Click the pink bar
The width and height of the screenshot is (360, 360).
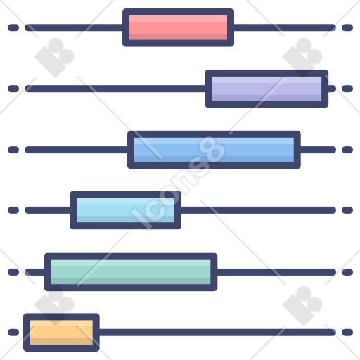pos(178,27)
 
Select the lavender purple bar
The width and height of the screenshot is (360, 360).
pos(266,89)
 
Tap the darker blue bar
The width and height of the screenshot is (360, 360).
pos(214,150)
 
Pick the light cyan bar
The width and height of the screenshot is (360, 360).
pos(125,210)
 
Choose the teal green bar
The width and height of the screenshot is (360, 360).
pos(131,272)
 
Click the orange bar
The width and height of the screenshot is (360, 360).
pos(61,332)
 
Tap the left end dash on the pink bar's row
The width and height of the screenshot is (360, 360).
pos(13,27)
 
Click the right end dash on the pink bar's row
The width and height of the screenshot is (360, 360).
pos(347,27)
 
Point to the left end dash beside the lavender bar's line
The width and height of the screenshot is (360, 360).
pos(13,89)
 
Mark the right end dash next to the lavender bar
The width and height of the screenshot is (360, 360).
pos(347,89)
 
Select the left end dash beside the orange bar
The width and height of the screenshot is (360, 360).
pos(13,332)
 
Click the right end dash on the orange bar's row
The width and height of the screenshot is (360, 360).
pos(347,332)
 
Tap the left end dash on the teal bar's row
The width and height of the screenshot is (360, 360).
pos(13,272)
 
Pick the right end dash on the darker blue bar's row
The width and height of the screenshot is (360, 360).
pos(347,150)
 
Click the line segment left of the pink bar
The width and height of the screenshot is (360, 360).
pos(74,27)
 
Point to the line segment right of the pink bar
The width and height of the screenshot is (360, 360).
pos(285,27)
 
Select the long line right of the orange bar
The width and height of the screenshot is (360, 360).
pos(217,332)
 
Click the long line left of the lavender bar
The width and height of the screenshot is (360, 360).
pos(115,89)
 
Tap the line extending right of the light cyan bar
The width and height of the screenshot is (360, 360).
pos(258,210)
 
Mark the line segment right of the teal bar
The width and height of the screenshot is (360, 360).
pos(276,272)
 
